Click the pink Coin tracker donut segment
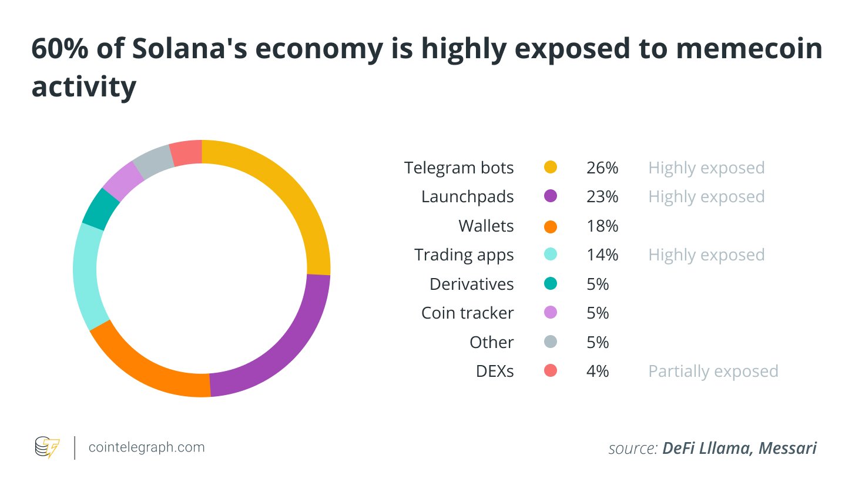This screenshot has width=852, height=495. point(123,180)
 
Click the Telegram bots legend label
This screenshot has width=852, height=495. point(459,168)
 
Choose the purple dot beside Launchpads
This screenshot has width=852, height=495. point(551,196)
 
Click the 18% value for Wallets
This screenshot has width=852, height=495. point(602,226)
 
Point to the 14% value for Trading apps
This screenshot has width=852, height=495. point(602,255)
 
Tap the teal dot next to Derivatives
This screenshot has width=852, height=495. point(551,284)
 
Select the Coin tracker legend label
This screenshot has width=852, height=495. point(467,313)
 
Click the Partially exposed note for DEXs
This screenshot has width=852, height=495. point(713,371)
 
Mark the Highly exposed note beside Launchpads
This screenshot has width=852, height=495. point(706,196)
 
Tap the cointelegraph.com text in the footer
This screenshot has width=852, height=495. point(146,447)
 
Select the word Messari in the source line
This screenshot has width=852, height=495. point(787,448)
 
